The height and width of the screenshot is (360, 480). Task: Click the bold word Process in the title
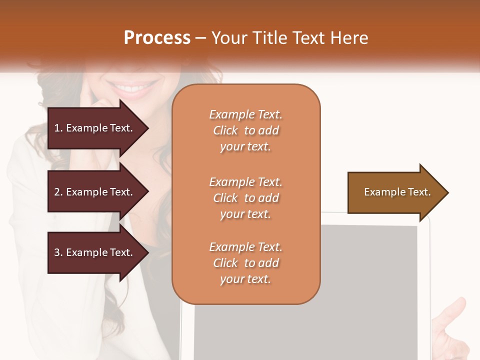pos(157,37)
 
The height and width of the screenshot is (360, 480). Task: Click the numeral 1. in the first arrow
pos(58,128)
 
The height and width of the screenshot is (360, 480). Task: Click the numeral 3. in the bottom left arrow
pos(58,252)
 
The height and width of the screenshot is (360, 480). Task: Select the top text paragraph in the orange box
pos(245,130)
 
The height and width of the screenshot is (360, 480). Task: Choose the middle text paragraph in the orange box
pos(245,198)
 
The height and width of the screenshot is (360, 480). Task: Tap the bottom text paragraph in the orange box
pos(245,263)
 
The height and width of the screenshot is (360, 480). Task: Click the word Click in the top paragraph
pos(225,130)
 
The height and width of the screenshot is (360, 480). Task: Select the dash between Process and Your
pos(200,38)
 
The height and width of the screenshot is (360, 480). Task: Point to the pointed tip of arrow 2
pos(147,192)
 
